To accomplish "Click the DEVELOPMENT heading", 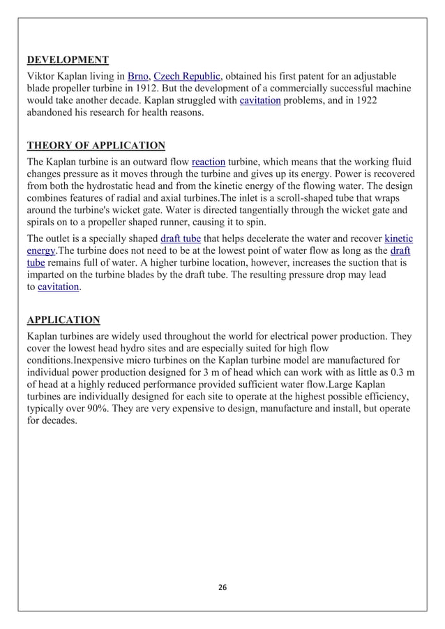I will [67, 59].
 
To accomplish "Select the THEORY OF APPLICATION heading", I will [96, 146].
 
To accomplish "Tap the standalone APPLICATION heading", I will [63, 320].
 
